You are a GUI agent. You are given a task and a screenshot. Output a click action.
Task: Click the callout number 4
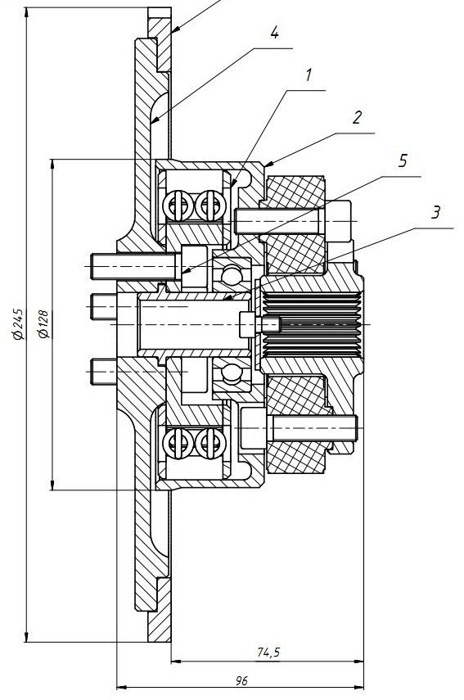[274, 33]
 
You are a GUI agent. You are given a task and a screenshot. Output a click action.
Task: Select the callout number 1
[309, 75]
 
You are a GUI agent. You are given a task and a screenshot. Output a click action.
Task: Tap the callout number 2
[357, 117]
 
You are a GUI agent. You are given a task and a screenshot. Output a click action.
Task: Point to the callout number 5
[403, 160]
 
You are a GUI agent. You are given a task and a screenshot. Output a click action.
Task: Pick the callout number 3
[436, 212]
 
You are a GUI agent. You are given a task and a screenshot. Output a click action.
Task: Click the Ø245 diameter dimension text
[18, 323]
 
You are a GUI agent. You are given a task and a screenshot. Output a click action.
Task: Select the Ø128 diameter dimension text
[44, 323]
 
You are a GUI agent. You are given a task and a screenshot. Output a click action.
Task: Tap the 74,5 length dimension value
[268, 653]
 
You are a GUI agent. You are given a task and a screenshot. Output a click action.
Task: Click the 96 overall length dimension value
[241, 680]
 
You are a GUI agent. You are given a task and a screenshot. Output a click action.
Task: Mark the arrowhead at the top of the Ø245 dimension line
[27, 11]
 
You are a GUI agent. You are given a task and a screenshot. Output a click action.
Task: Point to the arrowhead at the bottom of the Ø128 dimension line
[53, 485]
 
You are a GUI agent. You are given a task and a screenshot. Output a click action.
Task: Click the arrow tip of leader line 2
[265, 166]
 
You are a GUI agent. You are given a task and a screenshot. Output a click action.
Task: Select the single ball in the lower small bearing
[232, 373]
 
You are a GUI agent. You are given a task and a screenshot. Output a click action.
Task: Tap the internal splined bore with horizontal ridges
[312, 324]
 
